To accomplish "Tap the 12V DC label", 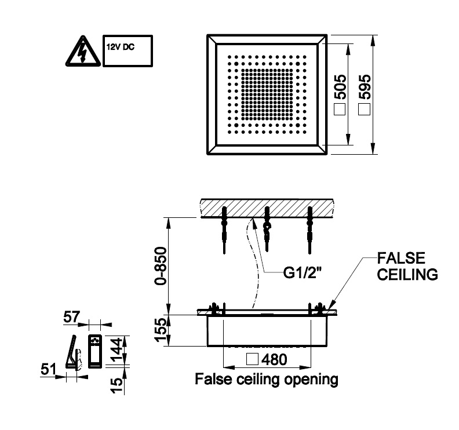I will pos(119,46).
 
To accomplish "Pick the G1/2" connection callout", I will pos(303,272).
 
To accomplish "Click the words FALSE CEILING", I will pos(407,265).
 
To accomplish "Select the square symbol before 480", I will pos(252,359).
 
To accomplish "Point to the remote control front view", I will pos(94,351).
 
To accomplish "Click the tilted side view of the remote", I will pos(74,352).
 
